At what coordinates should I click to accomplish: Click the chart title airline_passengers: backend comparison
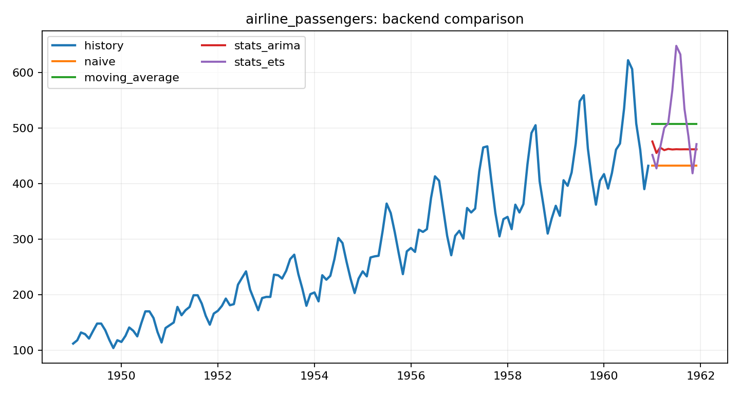(x=384, y=19)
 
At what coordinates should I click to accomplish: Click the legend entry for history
(x=104, y=46)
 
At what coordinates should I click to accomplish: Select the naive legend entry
(x=100, y=62)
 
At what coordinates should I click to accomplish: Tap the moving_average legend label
(x=132, y=78)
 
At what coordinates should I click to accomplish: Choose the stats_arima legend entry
(x=267, y=46)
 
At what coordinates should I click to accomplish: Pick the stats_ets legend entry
(x=259, y=62)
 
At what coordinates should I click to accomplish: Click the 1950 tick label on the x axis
(x=121, y=375)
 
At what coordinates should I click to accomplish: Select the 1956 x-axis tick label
(x=411, y=375)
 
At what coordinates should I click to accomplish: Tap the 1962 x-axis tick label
(x=700, y=375)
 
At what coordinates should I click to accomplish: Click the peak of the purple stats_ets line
(x=676, y=46)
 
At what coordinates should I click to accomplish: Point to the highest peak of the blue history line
(x=628, y=60)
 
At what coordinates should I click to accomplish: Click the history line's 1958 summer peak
(x=535, y=125)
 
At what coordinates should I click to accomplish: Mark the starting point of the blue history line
(x=73, y=344)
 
